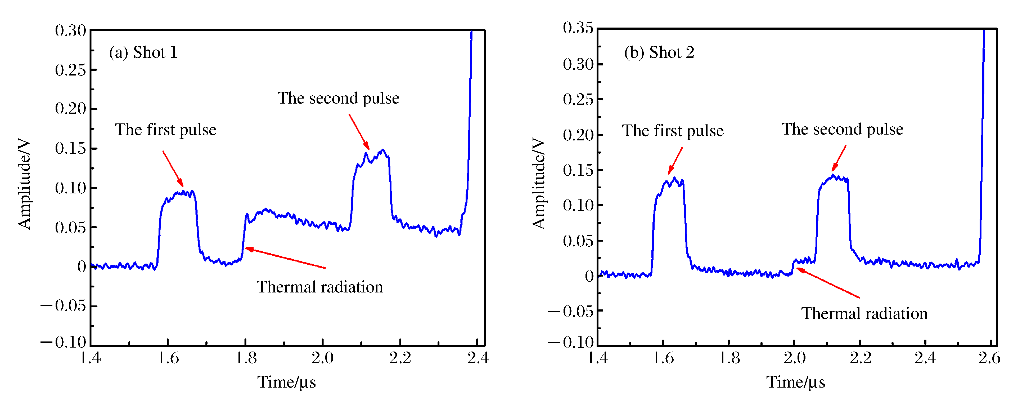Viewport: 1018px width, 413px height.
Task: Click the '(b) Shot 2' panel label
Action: (x=659, y=53)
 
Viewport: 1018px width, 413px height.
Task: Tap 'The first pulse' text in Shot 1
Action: (x=166, y=130)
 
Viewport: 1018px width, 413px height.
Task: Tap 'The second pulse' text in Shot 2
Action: (x=842, y=129)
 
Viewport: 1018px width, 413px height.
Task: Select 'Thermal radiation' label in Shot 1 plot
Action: (x=320, y=287)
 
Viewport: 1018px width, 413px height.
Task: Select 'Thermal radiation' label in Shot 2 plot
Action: (x=864, y=314)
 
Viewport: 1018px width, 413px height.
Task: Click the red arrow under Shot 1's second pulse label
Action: (x=359, y=131)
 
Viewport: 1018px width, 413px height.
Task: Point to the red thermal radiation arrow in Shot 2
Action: (x=828, y=283)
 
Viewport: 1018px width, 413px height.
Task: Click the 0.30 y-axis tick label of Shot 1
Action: (x=70, y=31)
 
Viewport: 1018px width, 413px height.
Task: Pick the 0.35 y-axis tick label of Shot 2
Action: (x=578, y=28)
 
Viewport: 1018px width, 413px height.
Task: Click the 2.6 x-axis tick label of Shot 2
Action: (x=989, y=358)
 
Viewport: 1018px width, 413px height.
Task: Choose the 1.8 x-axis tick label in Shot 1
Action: (x=246, y=358)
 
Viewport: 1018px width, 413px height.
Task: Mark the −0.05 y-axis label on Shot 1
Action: (x=63, y=306)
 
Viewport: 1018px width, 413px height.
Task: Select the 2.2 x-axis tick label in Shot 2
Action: (x=860, y=358)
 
